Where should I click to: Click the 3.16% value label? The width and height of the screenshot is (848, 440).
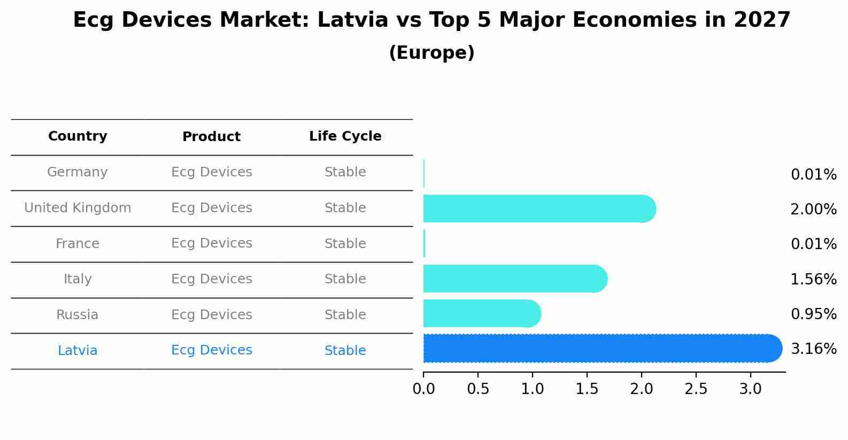813,349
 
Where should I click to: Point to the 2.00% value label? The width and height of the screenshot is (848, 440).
813,210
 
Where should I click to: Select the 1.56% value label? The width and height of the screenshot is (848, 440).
813,279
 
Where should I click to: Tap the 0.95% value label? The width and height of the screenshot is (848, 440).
813,314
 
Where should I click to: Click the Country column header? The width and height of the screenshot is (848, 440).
78,136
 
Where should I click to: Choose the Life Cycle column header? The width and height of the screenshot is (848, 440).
345,136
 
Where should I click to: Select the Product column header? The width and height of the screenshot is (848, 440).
211,137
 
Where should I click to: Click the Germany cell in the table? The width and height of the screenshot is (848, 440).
78,172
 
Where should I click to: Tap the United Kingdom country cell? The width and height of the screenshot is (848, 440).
78,208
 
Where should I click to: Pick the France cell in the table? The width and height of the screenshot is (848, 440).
78,244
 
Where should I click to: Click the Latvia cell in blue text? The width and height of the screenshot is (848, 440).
78,351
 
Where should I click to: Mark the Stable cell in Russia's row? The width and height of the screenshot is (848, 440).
345,315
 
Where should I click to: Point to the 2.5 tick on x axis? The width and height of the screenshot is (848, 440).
696,389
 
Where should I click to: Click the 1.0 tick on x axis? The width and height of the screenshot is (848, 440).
533,389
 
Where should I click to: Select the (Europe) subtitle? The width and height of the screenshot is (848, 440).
431,53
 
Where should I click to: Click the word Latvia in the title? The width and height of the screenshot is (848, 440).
352,20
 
